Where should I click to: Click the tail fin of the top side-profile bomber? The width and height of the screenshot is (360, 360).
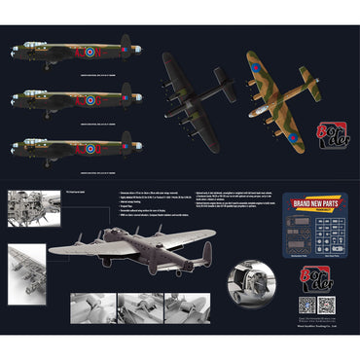pyautogui.click(x=125, y=44)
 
